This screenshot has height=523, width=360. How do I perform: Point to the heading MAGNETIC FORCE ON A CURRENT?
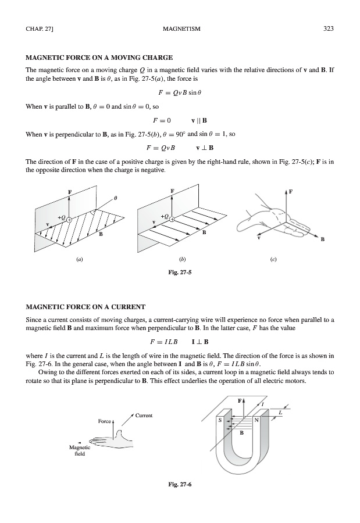pos(85,306)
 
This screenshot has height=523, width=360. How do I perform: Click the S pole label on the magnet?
pos(220,419)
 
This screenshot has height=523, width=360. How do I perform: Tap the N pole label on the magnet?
pos(256,419)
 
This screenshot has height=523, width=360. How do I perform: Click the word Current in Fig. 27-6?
pos(144,415)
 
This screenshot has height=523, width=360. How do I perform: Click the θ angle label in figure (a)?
pos(116,199)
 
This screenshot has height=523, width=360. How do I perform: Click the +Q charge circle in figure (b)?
pos(172,218)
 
